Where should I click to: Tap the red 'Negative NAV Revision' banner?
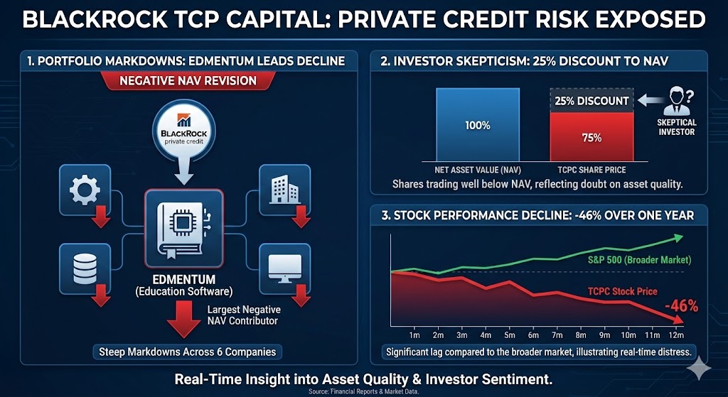click(188, 81)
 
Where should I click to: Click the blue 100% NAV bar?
click(478, 126)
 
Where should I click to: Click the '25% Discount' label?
click(591, 101)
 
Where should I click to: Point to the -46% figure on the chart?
click(681, 306)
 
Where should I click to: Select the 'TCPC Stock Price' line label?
click(622, 291)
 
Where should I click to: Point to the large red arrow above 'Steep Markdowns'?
click(180, 322)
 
